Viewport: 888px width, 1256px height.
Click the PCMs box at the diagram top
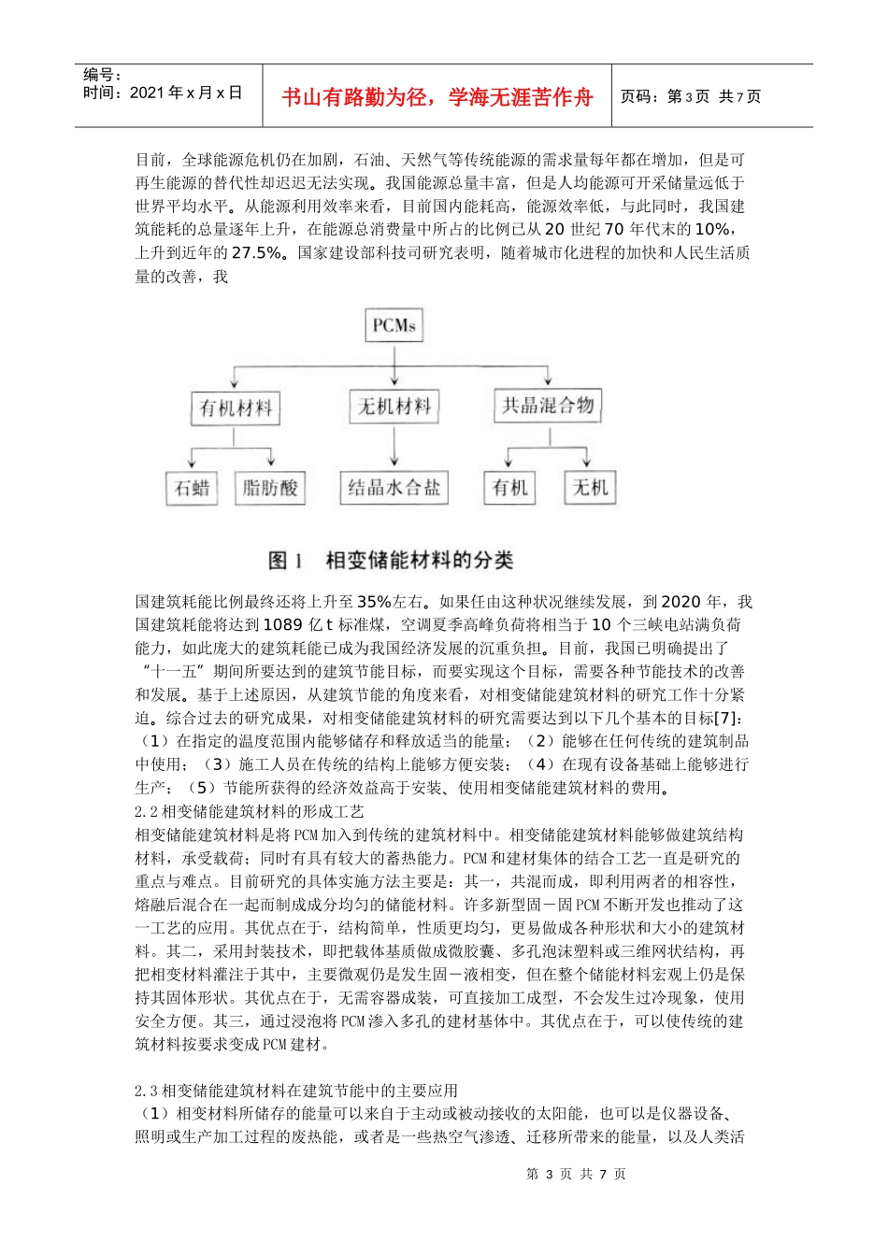coord(394,325)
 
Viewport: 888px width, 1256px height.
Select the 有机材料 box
coord(236,407)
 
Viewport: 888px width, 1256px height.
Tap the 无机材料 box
coord(394,406)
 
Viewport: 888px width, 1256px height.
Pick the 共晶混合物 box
coord(548,405)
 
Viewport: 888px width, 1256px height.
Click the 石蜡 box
coord(192,487)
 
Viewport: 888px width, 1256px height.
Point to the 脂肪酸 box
coord(270,487)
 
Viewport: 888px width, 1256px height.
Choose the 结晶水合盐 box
coord(394,487)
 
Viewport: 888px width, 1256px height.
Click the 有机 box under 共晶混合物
coord(509,487)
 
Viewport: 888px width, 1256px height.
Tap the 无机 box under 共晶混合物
coord(590,487)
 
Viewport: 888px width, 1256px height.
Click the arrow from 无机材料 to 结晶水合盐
coord(394,446)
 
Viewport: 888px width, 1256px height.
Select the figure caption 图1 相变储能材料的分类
coord(391,560)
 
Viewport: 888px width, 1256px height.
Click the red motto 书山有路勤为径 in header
coord(437,97)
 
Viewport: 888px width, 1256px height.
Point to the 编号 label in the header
coord(103,75)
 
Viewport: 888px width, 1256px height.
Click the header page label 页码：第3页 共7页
coord(690,96)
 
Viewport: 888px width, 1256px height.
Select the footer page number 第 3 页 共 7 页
coord(576,1174)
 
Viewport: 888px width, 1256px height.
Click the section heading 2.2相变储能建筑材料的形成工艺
coord(250,811)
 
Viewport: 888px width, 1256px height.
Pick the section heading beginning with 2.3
coord(296,1090)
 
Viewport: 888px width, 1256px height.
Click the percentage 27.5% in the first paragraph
coord(256,252)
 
